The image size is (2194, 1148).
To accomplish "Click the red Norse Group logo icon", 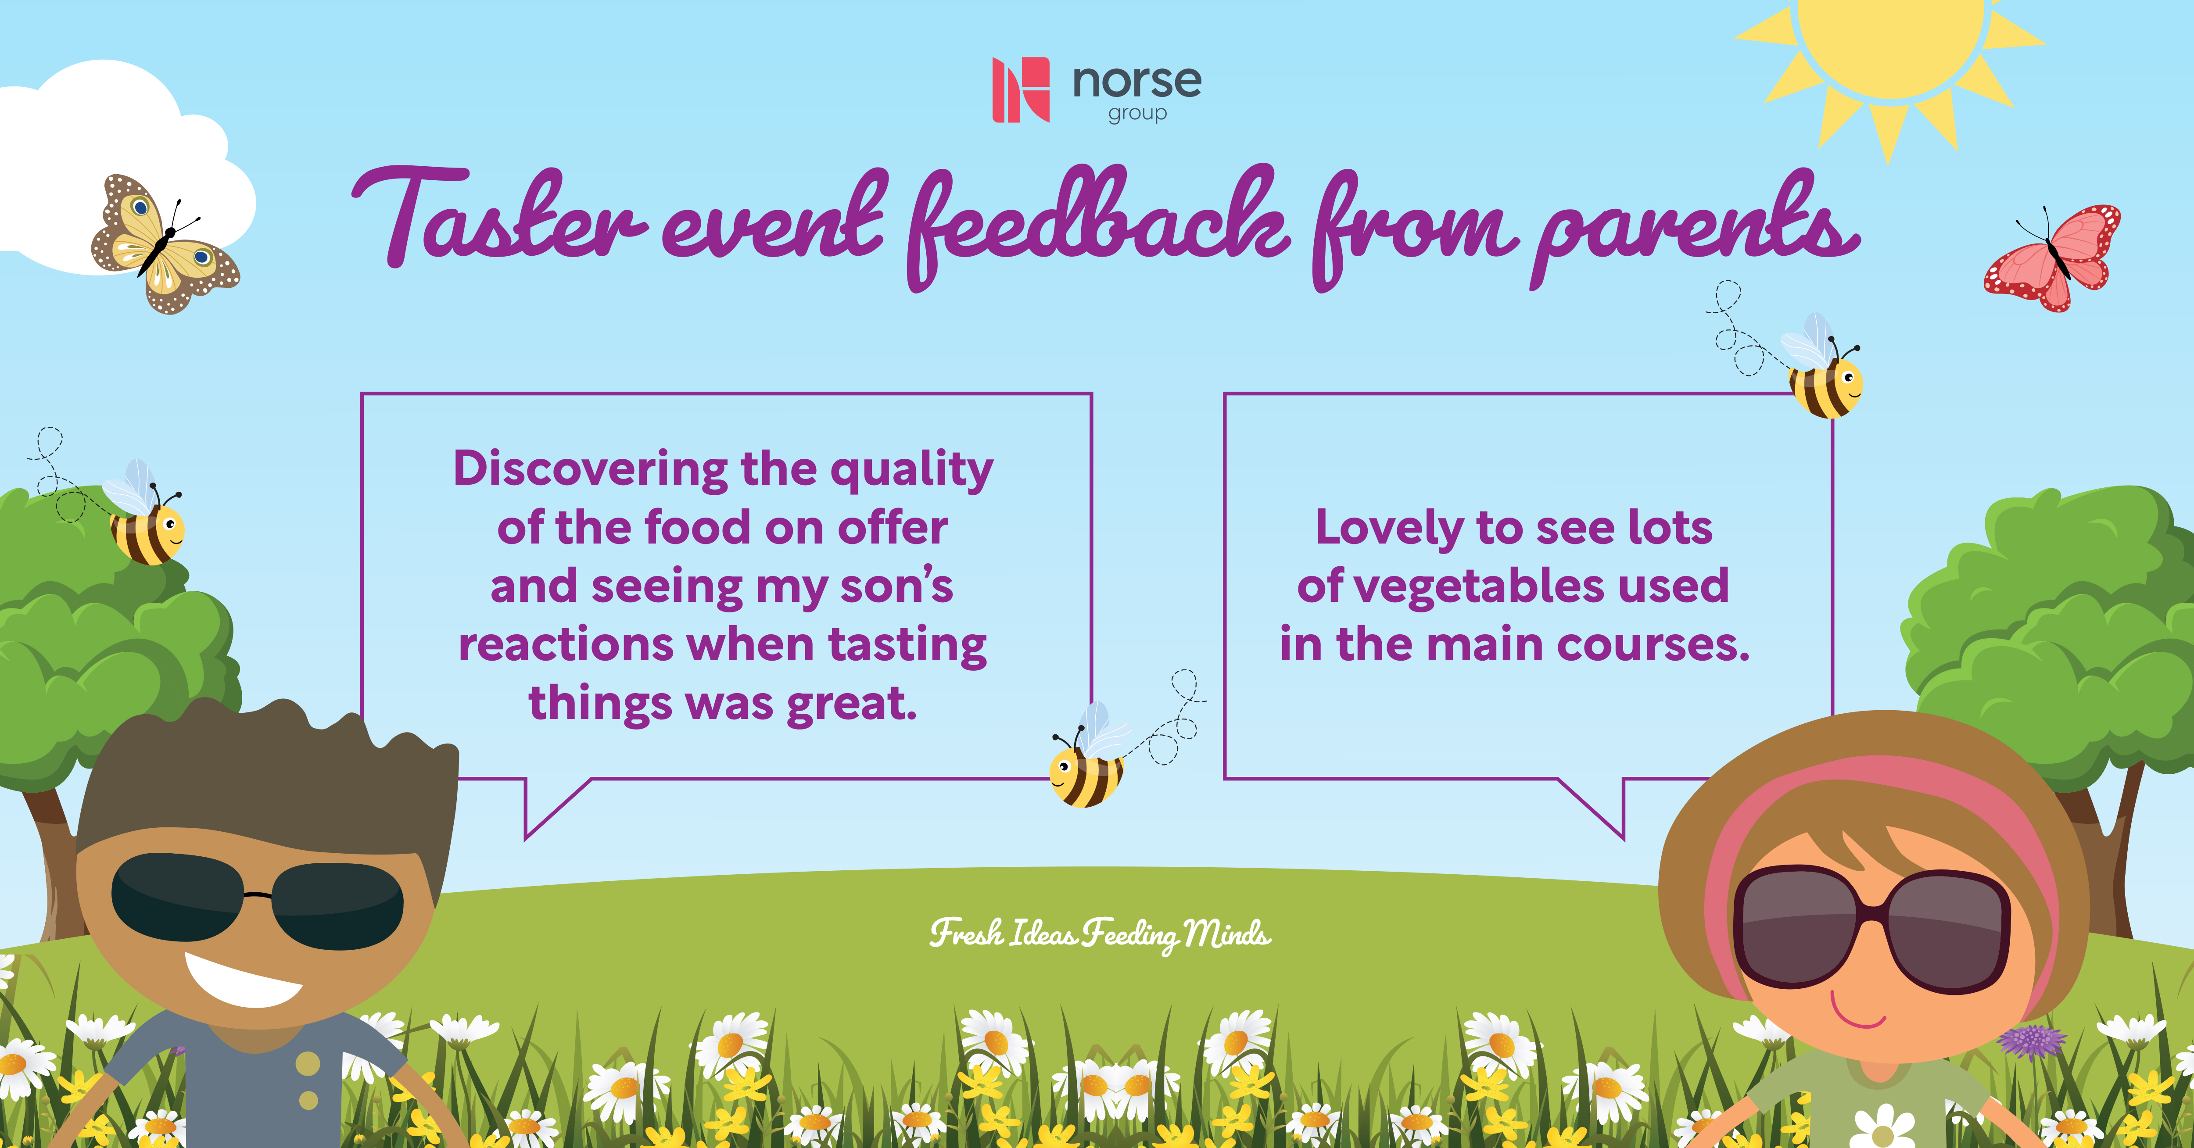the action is point(1020,89).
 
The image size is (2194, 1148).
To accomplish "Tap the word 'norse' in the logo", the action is point(1137,82).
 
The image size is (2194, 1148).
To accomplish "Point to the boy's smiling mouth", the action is point(243,981).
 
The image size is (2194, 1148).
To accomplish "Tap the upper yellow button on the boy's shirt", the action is point(308,1063).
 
